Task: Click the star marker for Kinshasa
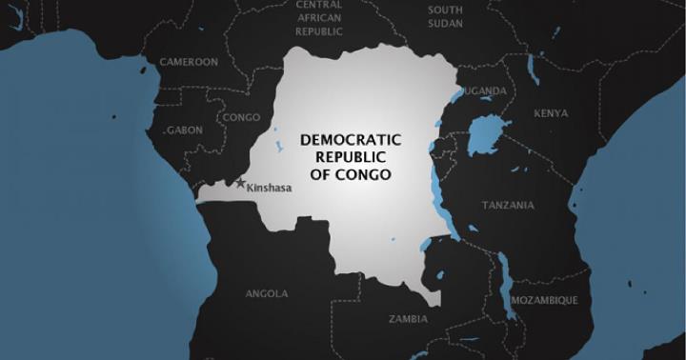(x=240, y=182)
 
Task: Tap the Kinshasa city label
(x=268, y=189)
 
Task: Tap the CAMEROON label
(x=189, y=62)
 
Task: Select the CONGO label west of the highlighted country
(x=240, y=118)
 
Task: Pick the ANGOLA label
(x=267, y=293)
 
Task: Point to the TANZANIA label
(x=508, y=206)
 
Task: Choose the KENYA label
(x=551, y=113)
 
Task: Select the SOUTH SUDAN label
(x=445, y=16)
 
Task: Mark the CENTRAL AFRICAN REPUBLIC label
(x=319, y=18)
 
